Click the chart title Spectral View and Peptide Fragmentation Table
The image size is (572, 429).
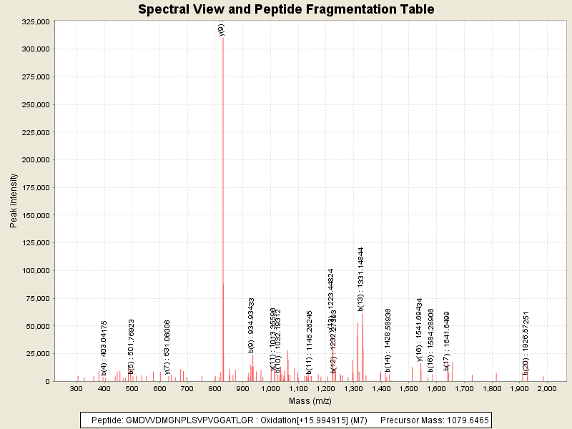tap(286, 9)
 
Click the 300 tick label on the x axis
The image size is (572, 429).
tap(77, 388)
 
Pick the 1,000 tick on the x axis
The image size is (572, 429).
tap(270, 388)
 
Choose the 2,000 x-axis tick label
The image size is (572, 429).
tap(547, 388)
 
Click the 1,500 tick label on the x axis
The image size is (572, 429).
tap(408, 388)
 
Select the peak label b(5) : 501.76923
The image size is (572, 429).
tap(132, 347)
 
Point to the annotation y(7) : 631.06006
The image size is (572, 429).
tap(167, 347)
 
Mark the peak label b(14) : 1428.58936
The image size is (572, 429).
tap(388, 340)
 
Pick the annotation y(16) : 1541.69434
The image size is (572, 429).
tap(420, 330)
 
